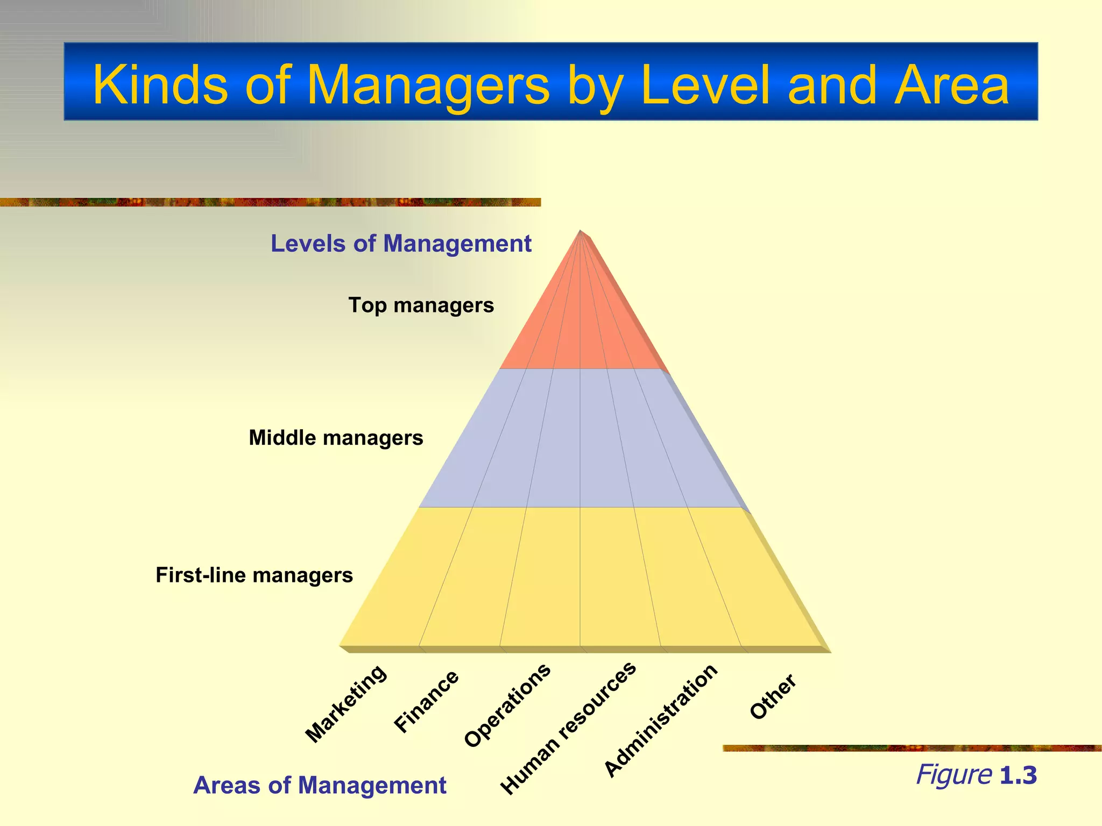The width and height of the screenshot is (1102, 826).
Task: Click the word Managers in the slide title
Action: (428, 85)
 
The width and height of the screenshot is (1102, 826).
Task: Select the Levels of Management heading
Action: (401, 244)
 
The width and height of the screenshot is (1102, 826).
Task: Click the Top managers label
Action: (421, 305)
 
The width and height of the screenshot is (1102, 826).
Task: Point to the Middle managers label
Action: (336, 438)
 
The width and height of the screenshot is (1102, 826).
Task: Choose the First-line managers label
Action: (254, 575)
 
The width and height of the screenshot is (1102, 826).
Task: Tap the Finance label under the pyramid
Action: (426, 702)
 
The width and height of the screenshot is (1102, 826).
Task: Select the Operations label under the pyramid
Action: (507, 705)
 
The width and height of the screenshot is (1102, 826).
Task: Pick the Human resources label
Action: (568, 729)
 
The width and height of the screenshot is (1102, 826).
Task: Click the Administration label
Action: (661, 721)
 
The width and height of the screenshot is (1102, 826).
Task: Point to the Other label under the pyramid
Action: (773, 696)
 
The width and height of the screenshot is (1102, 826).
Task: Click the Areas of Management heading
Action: (320, 786)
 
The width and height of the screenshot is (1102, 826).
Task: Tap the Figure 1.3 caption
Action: (976, 775)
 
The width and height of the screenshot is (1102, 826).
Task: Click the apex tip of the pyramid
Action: (580, 232)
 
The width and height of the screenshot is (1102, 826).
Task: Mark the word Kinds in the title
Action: (160, 85)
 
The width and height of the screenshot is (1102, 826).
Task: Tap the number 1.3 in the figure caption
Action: (1018, 775)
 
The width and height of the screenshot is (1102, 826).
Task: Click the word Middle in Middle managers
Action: (282, 438)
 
